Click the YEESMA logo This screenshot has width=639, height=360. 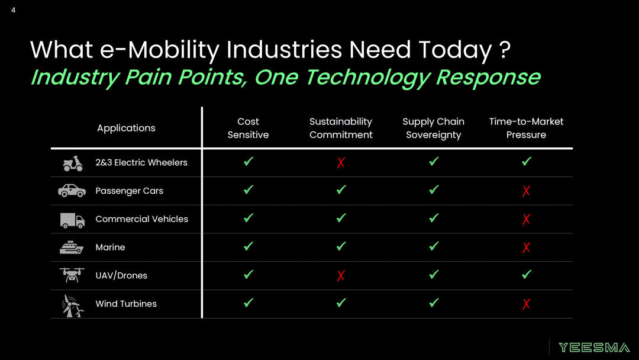coord(594,348)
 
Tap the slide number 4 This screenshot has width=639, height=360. coord(14,10)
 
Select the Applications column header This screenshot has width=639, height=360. coord(127,128)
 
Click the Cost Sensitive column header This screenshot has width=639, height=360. coord(248,128)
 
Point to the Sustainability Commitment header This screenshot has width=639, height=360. coord(341,128)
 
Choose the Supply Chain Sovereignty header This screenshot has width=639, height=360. coord(434,128)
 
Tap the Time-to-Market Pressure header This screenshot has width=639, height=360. coord(526,128)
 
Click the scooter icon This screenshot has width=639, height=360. coord(73,163)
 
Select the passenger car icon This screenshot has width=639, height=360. coord(72,191)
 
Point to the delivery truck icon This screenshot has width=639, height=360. coord(72,220)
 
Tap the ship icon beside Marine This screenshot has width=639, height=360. coord(72,247)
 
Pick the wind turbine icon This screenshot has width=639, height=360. coord(72,306)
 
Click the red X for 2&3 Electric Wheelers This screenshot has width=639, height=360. coord(341,163)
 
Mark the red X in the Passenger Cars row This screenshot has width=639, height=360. coord(527,191)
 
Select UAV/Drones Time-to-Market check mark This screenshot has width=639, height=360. coord(527,274)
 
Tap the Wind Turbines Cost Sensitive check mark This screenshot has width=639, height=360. coord(248,303)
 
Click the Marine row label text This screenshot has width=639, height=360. coord(110,247)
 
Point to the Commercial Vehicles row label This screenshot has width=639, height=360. coord(142,219)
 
